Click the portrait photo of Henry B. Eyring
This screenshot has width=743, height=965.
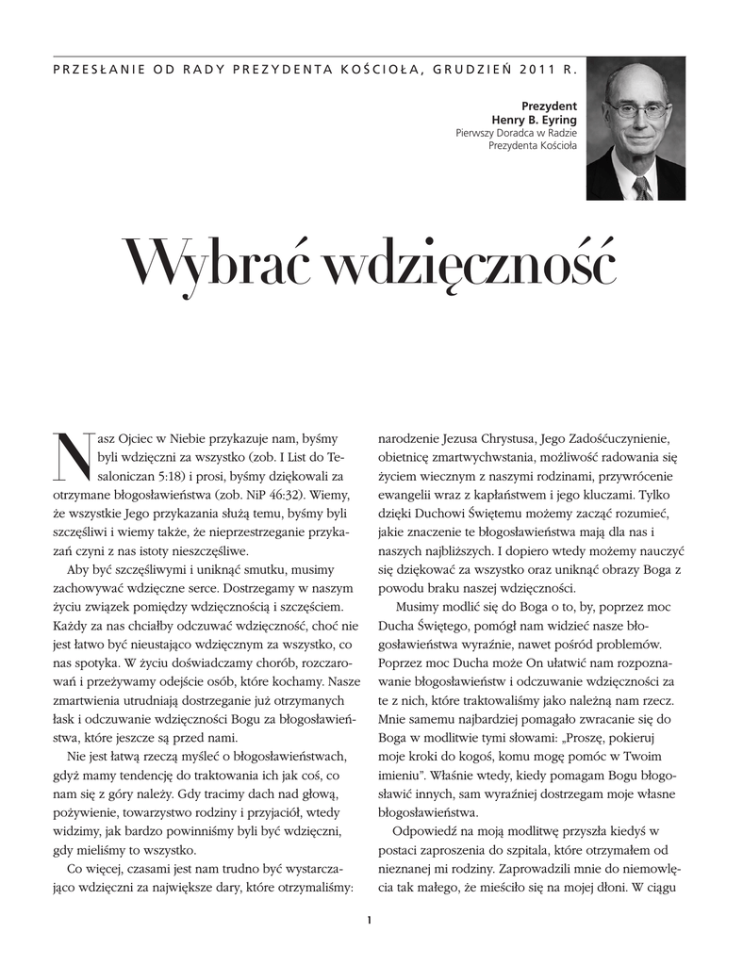[x=636, y=128]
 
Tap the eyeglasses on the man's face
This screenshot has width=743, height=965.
[x=637, y=109]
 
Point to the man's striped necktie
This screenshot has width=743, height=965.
[x=642, y=187]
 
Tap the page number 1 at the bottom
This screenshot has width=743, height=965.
[x=371, y=920]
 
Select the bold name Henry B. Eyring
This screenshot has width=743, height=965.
[x=534, y=120]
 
